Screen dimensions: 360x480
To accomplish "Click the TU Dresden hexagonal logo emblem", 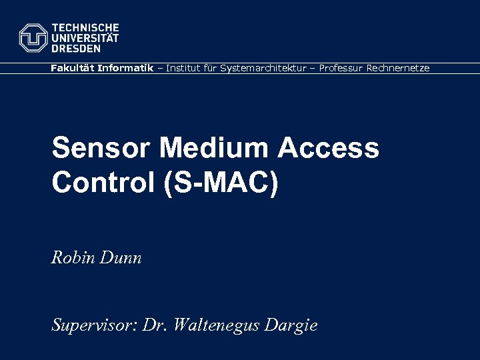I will (x=33, y=38).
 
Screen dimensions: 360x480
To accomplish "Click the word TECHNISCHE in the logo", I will (x=85, y=28).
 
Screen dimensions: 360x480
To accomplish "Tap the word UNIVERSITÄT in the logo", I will (x=85, y=38).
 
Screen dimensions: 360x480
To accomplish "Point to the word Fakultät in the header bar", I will (x=72, y=68).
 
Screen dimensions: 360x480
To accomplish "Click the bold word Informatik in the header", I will (x=125, y=68).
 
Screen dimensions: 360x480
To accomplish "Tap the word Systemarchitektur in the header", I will (x=261, y=68).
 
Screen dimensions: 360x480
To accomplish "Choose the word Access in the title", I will (x=329, y=148).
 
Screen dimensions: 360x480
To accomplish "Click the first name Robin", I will (x=73, y=257).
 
